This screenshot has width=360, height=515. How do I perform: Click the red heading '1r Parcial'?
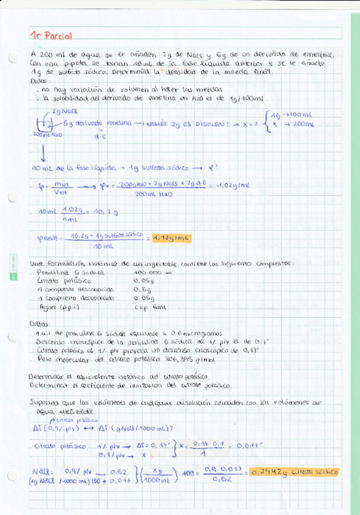pyautogui.click(x=50, y=36)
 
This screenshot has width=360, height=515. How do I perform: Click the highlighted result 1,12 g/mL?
pyautogui.click(x=171, y=238)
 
